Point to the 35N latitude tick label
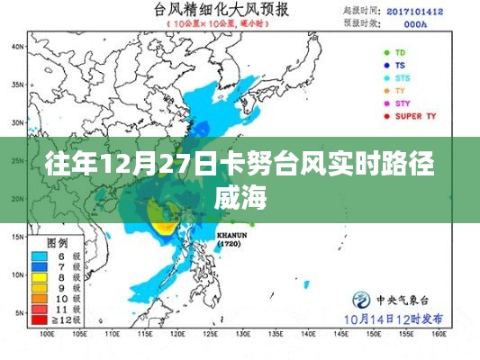(x=16, y=85)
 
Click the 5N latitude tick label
(x=18, y=311)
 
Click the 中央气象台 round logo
(x=358, y=300)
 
